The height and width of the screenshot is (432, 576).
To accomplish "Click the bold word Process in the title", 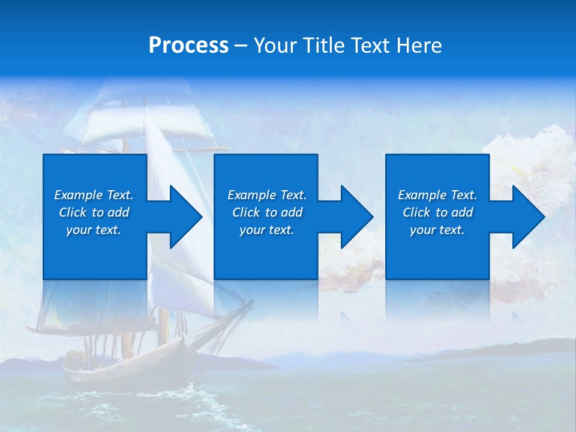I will click(188, 46).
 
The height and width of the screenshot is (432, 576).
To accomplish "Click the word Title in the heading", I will click(322, 46).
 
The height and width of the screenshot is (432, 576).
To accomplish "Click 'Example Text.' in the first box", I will click(94, 195).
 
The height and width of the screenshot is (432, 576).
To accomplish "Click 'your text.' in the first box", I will click(94, 230).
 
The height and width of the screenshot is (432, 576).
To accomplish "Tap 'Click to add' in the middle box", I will click(267, 212).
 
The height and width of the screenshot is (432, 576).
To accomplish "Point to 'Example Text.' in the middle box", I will click(267, 195).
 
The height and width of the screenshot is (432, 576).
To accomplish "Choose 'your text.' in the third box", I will click(437, 230).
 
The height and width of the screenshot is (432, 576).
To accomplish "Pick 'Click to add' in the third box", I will click(437, 212).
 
